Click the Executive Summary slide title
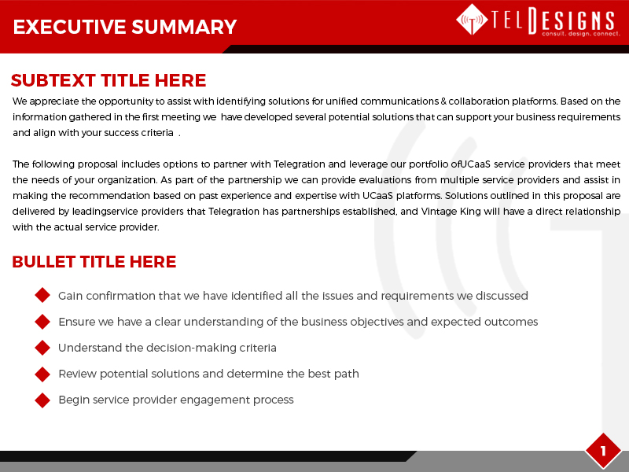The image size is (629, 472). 125,27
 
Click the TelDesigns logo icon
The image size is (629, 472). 471,20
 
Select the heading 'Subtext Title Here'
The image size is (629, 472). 109,80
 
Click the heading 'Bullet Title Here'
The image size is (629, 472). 94,262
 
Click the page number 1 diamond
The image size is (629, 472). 603,451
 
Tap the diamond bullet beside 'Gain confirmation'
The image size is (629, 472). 42,296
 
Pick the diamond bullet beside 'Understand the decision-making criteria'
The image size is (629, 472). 42,348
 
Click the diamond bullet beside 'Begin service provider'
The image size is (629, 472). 42,400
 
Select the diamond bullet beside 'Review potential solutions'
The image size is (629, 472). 42,374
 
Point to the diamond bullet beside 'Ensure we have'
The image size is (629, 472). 42,322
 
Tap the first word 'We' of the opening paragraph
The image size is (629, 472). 20,101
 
